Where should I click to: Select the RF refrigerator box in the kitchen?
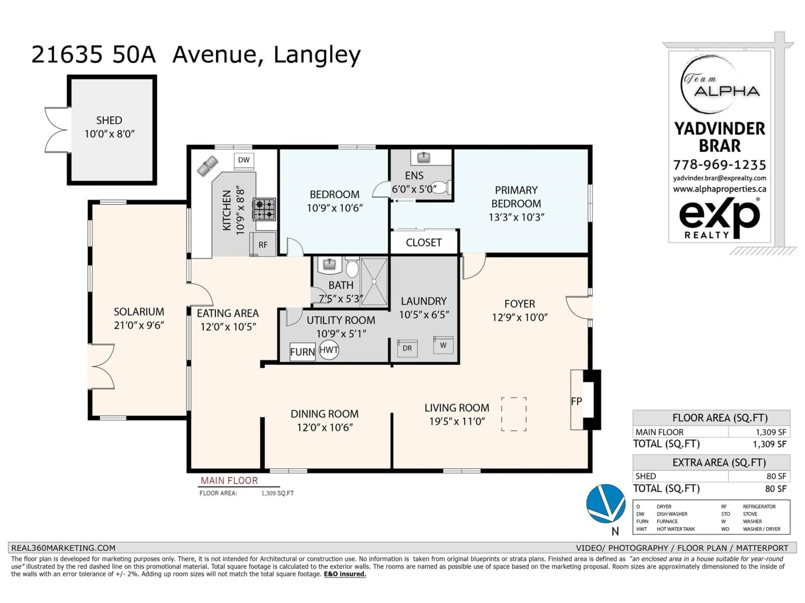[263, 245]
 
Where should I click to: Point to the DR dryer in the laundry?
[407, 348]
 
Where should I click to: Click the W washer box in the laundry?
[443, 345]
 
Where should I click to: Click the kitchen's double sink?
[208, 166]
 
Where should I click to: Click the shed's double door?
[56, 130]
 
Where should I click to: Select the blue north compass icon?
[606, 503]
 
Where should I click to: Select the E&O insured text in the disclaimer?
[345, 574]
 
